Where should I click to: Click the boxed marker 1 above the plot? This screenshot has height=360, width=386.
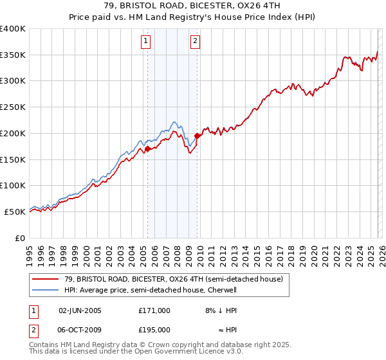[x=147, y=42]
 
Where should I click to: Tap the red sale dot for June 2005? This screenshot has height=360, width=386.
[x=147, y=148]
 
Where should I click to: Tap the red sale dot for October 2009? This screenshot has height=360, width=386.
[x=197, y=136]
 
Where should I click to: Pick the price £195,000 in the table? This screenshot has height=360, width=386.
[x=154, y=329]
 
